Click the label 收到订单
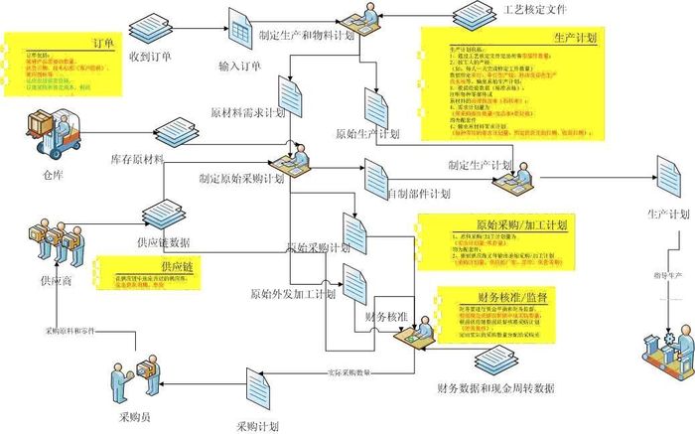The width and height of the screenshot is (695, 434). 150,57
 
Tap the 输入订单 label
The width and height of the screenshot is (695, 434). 239,67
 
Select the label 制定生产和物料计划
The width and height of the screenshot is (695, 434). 307,35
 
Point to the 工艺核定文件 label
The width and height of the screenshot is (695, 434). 534,9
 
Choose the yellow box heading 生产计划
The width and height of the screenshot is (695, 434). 575,39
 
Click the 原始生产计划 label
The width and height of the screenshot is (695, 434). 367,133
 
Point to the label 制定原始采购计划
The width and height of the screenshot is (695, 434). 241,180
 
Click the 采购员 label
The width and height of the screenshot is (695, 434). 134,390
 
